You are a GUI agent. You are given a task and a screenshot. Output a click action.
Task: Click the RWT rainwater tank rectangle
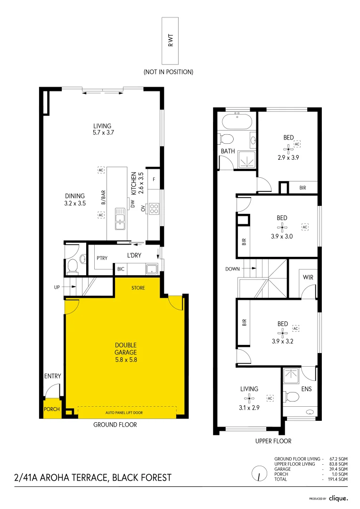pyautogui.click(x=170, y=41)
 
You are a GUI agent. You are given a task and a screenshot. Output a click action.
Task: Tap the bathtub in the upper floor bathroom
pyautogui.click(x=237, y=122)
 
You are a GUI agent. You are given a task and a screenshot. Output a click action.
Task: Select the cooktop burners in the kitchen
pyautogui.click(x=154, y=208)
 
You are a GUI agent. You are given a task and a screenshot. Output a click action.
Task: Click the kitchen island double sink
pyautogui.click(x=120, y=219)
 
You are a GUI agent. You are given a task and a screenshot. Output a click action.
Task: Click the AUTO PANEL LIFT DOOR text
pyautogui.click(x=124, y=412)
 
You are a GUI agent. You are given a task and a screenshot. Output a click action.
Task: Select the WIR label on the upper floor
pyautogui.click(x=308, y=277)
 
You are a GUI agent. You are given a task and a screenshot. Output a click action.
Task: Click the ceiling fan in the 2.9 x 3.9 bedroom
pyautogui.click(x=288, y=149)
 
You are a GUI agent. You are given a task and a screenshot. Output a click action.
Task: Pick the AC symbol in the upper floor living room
pyautogui.click(x=270, y=398)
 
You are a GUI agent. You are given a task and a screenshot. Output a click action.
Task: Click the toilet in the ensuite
pyautogui.click(x=291, y=396)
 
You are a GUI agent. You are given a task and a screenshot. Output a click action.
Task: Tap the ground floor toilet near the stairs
pyautogui.click(x=73, y=266)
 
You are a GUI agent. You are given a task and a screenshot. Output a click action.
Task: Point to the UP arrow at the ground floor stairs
pyautogui.click(x=69, y=287)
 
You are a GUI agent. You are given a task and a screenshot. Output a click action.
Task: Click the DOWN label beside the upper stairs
pyautogui.click(x=232, y=269)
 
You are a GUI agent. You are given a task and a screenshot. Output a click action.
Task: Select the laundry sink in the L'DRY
pyautogui.click(x=152, y=269)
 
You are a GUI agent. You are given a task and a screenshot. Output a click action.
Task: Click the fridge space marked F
pyautogui.click(x=154, y=179)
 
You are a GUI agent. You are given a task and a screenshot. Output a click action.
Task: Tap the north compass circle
pyautogui.click(x=259, y=473)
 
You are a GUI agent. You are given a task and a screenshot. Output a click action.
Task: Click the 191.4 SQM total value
pyautogui.click(x=337, y=479)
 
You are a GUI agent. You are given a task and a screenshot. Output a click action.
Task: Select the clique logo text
pyautogui.click(x=338, y=498)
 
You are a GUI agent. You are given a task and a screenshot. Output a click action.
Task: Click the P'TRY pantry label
pyautogui.click(x=102, y=258)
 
